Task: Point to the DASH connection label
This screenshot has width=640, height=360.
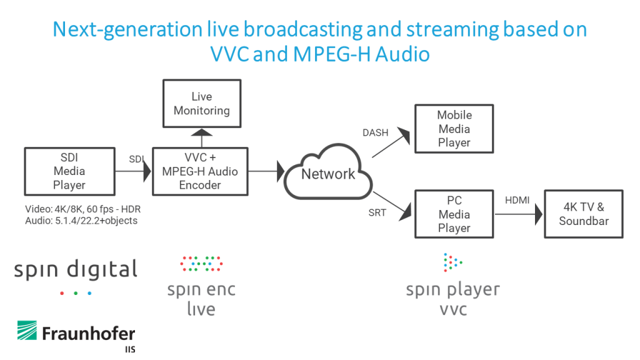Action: (x=375, y=132)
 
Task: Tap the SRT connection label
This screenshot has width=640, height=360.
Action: (x=377, y=212)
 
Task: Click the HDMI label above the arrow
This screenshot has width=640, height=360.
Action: (x=517, y=201)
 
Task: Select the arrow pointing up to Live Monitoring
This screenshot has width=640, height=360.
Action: (x=202, y=138)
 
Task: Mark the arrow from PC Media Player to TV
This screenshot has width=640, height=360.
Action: (x=518, y=214)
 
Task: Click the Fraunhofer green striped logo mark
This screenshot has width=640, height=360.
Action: (x=27, y=330)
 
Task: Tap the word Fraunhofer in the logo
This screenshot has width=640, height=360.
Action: (x=89, y=334)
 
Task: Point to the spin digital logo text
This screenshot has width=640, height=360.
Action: (x=76, y=270)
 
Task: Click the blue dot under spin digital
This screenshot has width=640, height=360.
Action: (x=89, y=293)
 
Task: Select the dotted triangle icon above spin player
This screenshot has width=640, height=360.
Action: (x=452, y=262)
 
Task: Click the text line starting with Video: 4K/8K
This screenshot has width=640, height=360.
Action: (x=83, y=209)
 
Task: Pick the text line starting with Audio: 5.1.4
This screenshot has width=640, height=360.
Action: (x=81, y=221)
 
